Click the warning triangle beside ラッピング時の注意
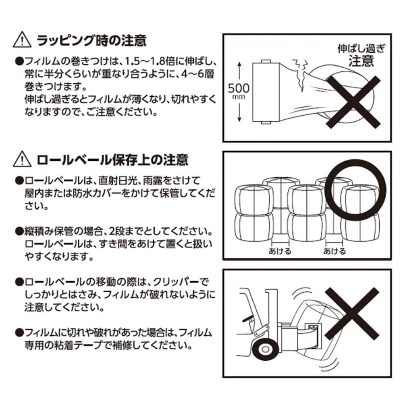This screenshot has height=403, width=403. pos(23,41)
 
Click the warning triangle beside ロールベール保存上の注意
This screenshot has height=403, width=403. pos(23,160)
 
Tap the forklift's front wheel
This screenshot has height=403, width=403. pos(264,348)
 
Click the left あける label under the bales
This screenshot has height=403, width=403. pos(279,251)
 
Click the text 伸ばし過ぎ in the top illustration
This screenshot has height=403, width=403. pos(361,50)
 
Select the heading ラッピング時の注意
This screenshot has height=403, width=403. pos(91,41)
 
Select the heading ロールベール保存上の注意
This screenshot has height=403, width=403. pos(112,160)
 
